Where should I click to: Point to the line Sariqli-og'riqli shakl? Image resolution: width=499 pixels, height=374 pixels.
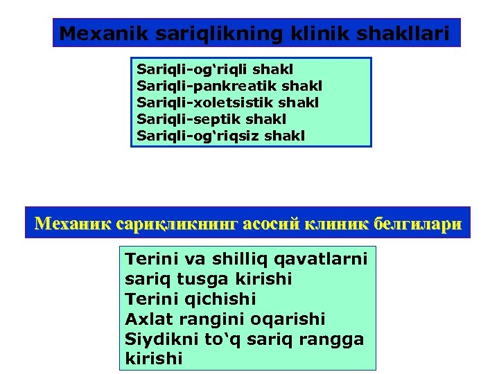[x=216, y=69]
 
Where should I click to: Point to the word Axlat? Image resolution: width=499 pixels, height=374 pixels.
[x=146, y=319]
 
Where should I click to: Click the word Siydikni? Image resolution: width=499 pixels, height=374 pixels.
[x=158, y=339]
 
